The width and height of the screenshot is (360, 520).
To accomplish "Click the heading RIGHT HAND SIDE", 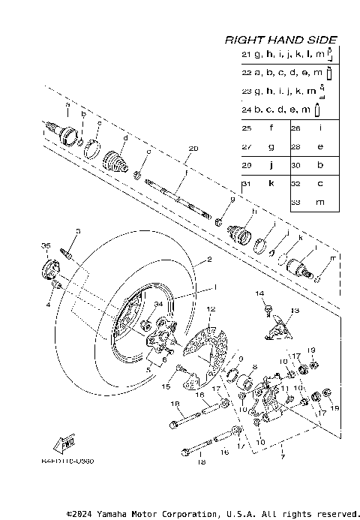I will click(281, 40).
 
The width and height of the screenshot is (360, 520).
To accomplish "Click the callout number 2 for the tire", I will click(210, 260).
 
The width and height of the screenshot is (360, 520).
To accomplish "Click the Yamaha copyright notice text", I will click(213, 514).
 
